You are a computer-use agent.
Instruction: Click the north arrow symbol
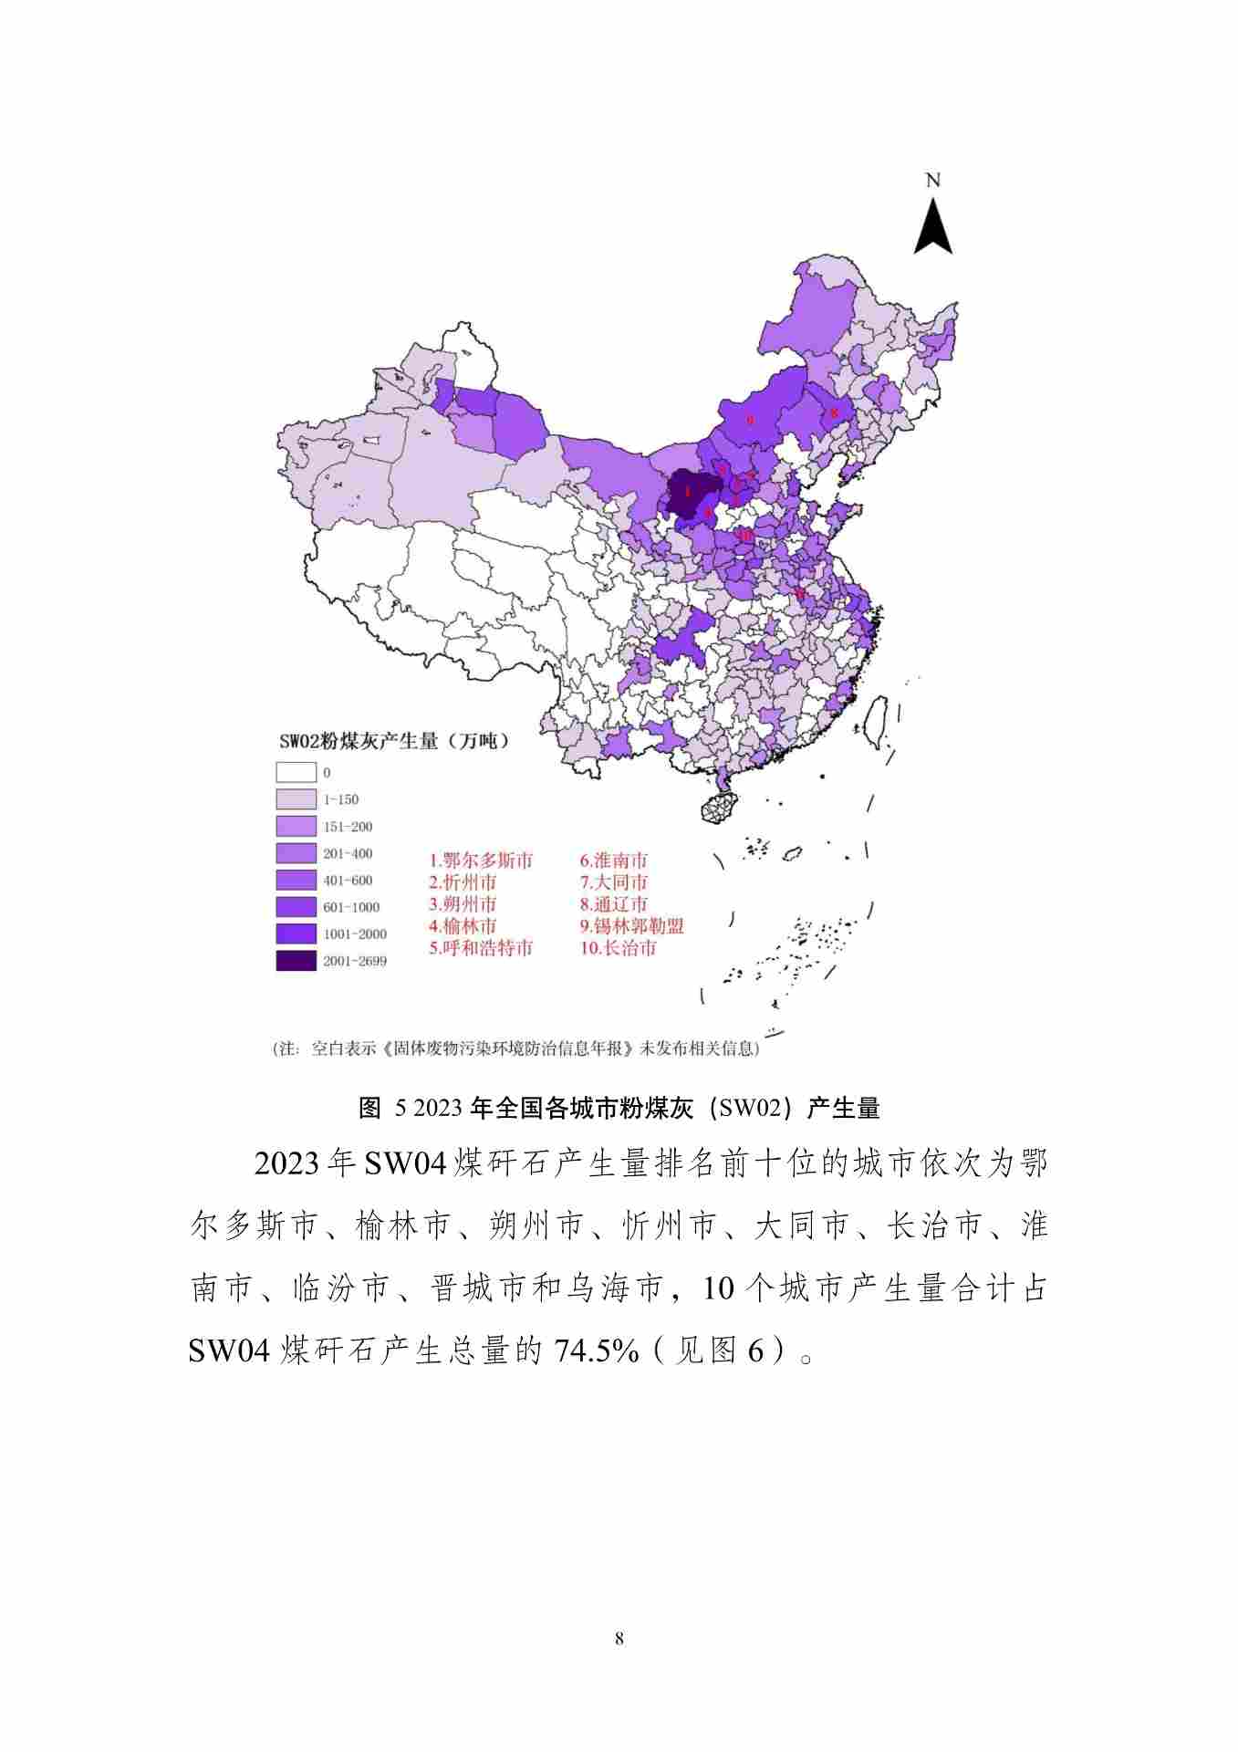click(x=933, y=228)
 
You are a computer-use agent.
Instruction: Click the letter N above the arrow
click(x=932, y=180)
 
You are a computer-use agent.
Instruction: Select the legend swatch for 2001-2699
click(x=296, y=961)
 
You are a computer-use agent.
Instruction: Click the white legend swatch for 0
click(x=296, y=772)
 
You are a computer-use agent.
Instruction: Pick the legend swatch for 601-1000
click(x=296, y=907)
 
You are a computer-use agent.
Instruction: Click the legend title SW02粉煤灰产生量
click(x=392, y=741)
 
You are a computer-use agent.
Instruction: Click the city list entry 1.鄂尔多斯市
click(x=481, y=860)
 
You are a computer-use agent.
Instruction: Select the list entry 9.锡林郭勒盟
click(x=631, y=926)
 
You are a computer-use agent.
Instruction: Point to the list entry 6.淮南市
click(x=613, y=860)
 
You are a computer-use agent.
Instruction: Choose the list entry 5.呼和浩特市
click(x=481, y=948)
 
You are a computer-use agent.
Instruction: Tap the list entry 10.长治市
click(x=618, y=948)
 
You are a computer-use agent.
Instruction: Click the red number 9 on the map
click(x=750, y=420)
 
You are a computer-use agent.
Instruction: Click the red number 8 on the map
click(x=833, y=413)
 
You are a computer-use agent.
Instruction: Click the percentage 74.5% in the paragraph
click(x=597, y=1351)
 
